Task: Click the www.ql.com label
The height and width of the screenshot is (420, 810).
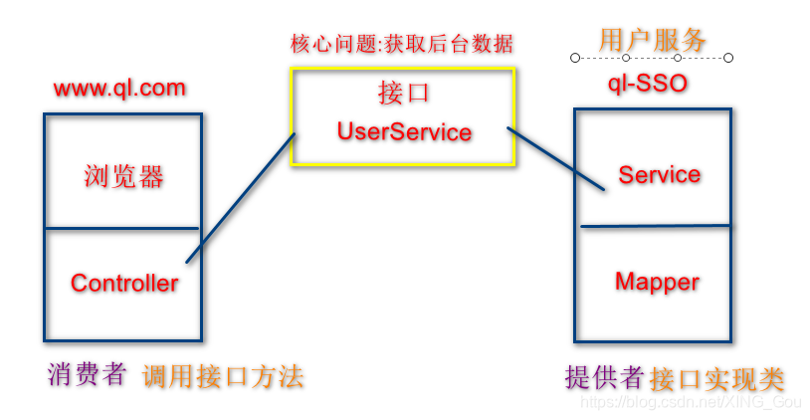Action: (119, 88)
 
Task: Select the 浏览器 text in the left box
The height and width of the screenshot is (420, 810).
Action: (123, 177)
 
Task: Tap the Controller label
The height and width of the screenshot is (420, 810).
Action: (124, 283)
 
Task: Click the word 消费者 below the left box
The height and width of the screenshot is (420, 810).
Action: (88, 374)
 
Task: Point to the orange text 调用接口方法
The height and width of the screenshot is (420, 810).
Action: (223, 376)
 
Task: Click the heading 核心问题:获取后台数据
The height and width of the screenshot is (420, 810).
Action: (402, 44)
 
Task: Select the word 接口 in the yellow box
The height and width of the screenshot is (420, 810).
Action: (403, 94)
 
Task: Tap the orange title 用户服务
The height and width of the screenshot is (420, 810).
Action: (652, 40)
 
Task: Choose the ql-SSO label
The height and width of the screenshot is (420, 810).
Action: (648, 83)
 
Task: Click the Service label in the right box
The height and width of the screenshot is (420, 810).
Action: (659, 175)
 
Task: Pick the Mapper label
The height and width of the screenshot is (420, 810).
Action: (657, 282)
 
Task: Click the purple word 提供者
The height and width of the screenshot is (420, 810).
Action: (604, 377)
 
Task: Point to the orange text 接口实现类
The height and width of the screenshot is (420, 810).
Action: (716, 379)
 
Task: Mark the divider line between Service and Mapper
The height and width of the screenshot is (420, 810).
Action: (655, 226)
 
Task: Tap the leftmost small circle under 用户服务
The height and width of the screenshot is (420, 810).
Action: (575, 58)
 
